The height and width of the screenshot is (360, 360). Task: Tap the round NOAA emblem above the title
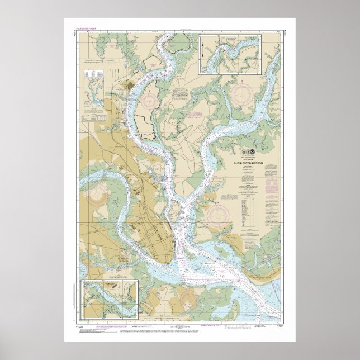249,153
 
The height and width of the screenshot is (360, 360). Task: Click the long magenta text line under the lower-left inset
106,325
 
